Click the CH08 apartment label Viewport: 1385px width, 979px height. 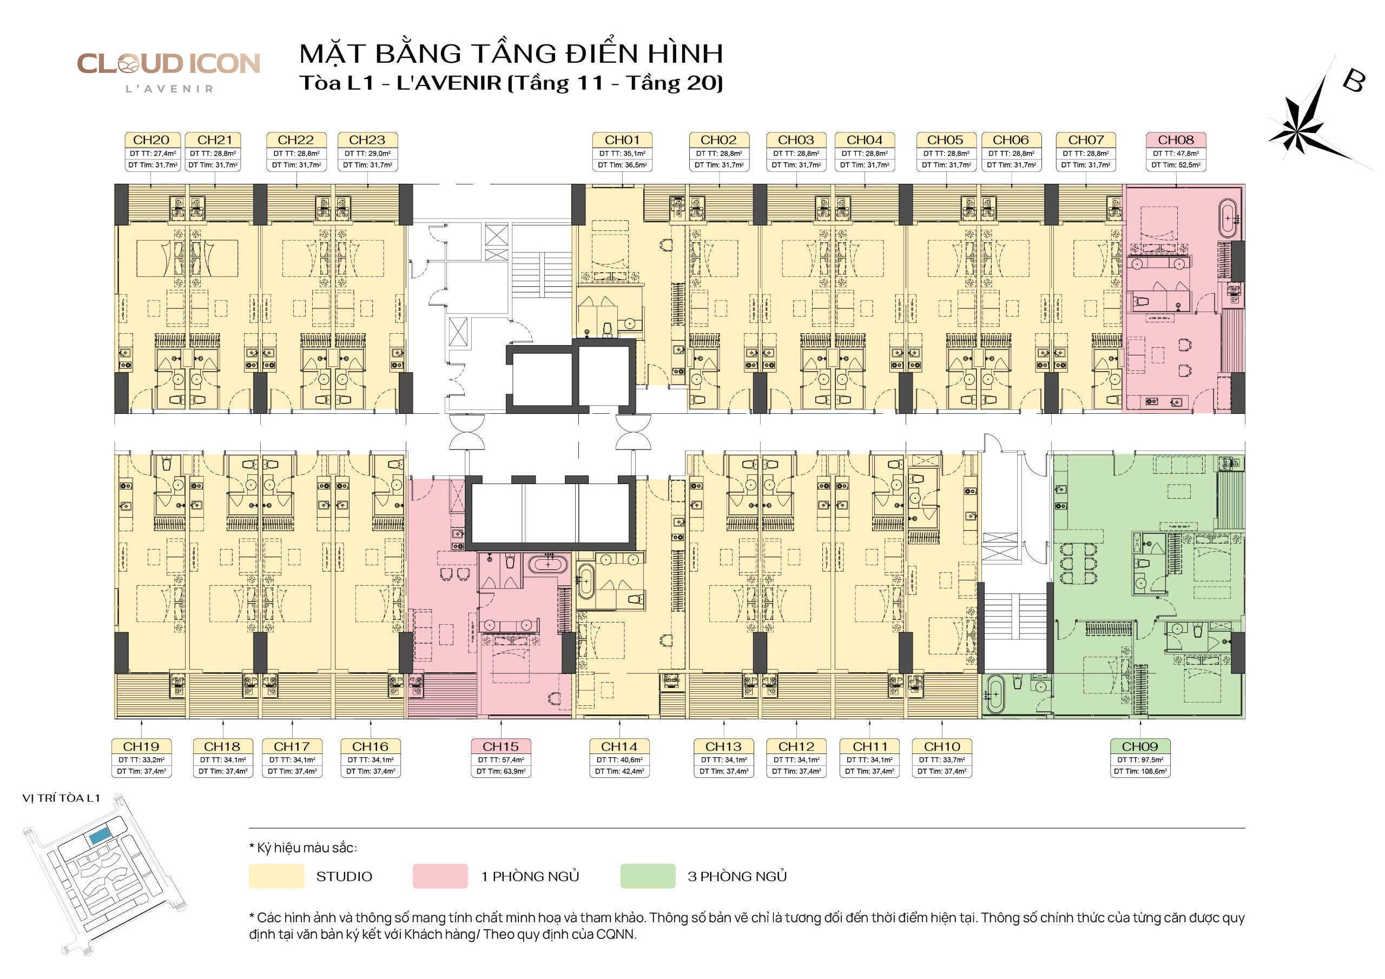tap(1176, 140)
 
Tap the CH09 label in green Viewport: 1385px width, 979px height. tap(1140, 746)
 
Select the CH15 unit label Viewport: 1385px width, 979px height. tap(500, 746)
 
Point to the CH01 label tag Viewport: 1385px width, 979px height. tap(622, 140)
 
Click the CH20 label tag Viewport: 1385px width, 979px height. tap(151, 140)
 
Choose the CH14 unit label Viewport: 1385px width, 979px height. tap(619, 746)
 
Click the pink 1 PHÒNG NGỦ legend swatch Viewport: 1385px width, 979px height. tap(440, 876)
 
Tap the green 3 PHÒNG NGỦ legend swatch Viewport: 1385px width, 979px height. tap(648, 876)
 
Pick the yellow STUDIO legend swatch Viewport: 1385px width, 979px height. tap(276, 876)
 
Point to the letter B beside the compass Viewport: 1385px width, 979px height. tap(1354, 80)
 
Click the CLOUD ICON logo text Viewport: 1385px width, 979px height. tap(168, 63)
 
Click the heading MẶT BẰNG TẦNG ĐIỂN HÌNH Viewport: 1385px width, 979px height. tap(511, 53)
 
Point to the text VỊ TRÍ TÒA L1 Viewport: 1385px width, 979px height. tap(61, 798)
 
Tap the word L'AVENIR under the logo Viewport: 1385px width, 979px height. tap(169, 89)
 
